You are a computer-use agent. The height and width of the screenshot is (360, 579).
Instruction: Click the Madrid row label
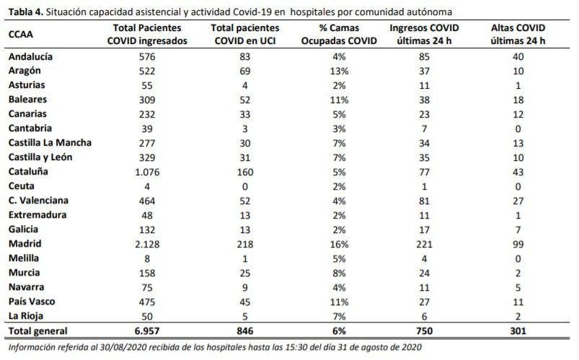[x=25, y=244]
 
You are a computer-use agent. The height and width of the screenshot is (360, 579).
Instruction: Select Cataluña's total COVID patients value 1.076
[x=147, y=172]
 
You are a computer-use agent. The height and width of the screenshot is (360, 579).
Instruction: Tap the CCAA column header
[x=21, y=35]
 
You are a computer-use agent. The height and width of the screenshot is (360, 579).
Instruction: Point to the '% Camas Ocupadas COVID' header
[x=339, y=35]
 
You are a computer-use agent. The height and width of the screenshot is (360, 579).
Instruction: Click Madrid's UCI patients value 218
[x=245, y=245]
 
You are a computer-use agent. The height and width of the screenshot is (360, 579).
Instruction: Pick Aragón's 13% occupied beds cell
[x=339, y=71]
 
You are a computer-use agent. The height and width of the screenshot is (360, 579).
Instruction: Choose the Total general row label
[x=38, y=331]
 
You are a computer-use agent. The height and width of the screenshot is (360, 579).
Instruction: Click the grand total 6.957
[x=147, y=331]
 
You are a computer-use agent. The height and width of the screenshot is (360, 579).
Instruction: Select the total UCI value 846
[x=245, y=331]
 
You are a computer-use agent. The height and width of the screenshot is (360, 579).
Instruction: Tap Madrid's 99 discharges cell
[x=518, y=245]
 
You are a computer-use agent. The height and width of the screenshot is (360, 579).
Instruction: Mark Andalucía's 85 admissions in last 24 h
[x=424, y=57]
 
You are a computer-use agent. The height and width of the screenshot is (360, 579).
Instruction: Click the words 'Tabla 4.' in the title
[x=26, y=12]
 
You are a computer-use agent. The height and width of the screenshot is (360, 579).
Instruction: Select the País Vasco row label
[x=32, y=302]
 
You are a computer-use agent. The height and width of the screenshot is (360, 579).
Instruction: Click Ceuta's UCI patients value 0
[x=245, y=187]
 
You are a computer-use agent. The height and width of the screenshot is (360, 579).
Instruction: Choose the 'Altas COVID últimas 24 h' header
[x=518, y=35]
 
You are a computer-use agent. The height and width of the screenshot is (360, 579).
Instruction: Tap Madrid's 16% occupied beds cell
[x=339, y=245]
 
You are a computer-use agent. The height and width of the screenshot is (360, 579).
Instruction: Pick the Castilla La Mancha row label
[x=50, y=143]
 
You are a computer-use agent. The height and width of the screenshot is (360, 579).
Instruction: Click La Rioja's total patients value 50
[x=147, y=317]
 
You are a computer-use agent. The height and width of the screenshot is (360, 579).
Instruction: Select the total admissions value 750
[x=424, y=331]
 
